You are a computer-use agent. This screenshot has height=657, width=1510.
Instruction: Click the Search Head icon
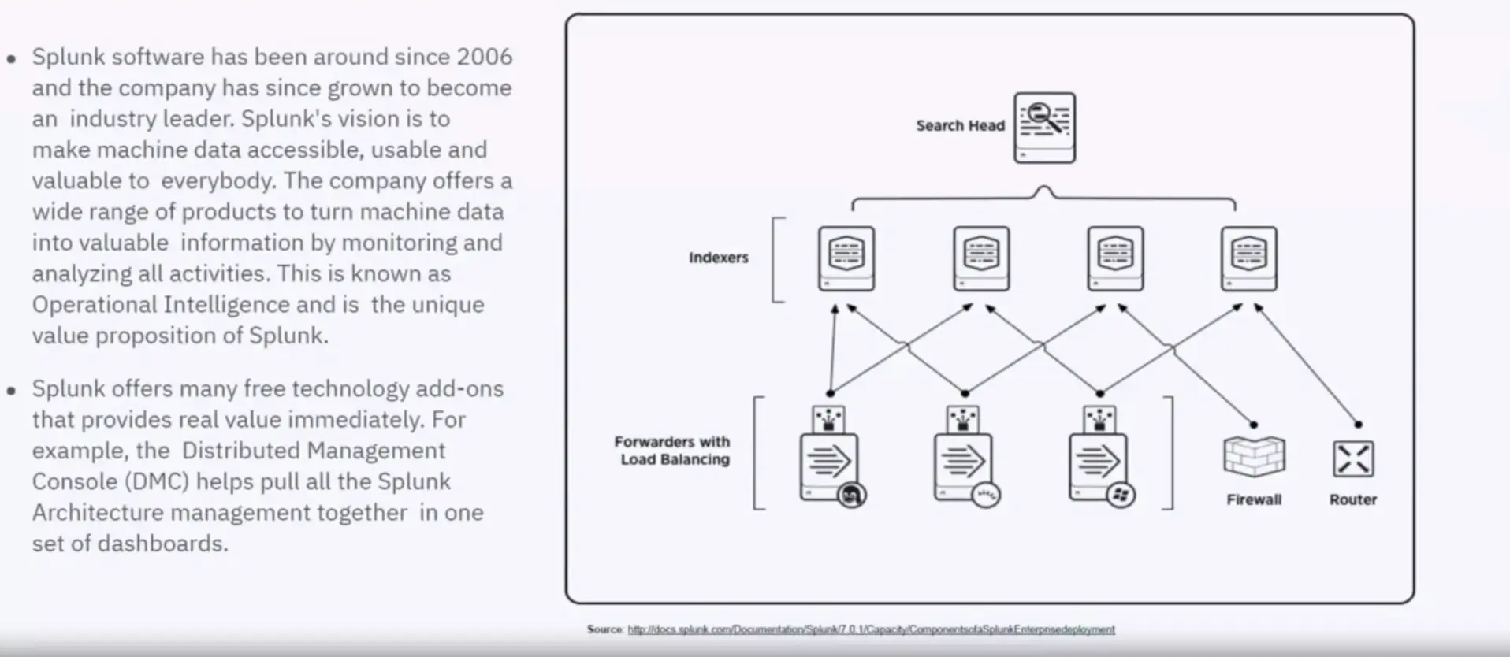point(1044,128)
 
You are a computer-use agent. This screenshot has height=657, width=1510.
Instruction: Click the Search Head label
point(960,126)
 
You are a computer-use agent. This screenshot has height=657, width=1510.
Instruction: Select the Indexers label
point(718,258)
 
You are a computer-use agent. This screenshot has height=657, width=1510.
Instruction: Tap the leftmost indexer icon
point(846,258)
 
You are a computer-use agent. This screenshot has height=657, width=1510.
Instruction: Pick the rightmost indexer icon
point(1248,258)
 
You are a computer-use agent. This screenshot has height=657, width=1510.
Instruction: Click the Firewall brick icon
point(1254,457)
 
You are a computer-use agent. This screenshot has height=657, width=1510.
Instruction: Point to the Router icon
point(1353,458)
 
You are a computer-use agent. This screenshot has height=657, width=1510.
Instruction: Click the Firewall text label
point(1254,499)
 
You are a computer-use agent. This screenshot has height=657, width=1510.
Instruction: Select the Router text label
point(1353,499)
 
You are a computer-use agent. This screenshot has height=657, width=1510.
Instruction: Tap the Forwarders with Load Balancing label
point(673,451)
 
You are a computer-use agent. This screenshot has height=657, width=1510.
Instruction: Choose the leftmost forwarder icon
point(830,465)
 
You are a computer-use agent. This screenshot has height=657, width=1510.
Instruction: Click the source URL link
point(871,629)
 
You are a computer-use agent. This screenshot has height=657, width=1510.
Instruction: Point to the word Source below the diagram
point(604,629)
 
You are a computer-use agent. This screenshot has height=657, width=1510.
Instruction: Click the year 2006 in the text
point(484,57)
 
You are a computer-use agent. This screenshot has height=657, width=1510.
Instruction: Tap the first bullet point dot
point(11,58)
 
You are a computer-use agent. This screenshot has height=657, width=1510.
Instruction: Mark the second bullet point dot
point(11,390)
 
